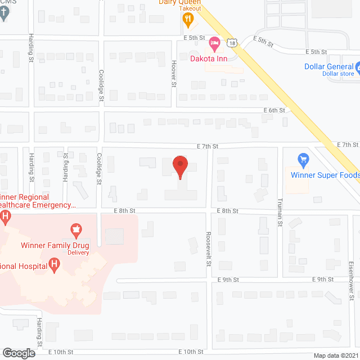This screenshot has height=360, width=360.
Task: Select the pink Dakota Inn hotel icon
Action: pyautogui.click(x=214, y=42)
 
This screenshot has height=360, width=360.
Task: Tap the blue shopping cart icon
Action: pyautogui.click(x=303, y=161)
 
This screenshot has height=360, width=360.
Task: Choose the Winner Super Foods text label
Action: pyautogui.click(x=325, y=175)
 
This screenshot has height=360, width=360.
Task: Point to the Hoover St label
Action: pyautogui.click(x=174, y=74)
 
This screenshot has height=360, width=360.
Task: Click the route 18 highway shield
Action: pyautogui.click(x=232, y=42)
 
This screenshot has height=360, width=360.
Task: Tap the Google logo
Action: pyautogui.click(x=19, y=353)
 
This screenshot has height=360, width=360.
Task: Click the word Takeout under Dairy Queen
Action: pyautogui.click(x=191, y=9)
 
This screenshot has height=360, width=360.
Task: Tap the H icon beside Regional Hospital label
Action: pyautogui.click(x=54, y=264)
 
